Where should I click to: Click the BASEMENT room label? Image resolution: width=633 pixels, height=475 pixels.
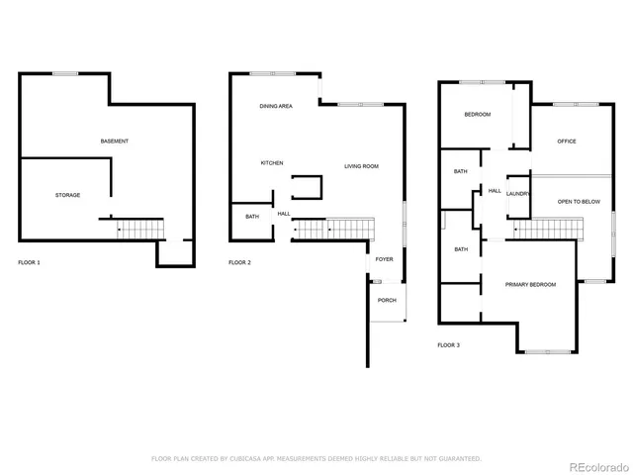(115, 142)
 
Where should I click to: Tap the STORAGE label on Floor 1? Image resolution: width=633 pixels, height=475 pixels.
(67, 195)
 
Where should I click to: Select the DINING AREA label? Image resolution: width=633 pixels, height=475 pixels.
(276, 106)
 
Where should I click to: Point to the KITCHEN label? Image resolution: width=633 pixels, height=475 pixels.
(272, 162)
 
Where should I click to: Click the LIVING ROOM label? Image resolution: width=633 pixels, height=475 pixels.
(361, 166)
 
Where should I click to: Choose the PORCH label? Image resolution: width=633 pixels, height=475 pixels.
(387, 300)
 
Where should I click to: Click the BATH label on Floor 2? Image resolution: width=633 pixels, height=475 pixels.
(252, 217)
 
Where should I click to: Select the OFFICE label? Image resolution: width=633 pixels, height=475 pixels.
(567, 142)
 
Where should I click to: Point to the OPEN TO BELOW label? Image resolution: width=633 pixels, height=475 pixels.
(579, 201)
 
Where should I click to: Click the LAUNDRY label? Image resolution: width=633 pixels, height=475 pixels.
(519, 194)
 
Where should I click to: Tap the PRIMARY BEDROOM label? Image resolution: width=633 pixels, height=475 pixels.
(530, 285)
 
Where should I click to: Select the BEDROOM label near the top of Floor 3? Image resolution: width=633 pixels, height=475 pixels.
(478, 115)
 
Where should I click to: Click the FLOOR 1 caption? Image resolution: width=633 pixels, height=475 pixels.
(30, 262)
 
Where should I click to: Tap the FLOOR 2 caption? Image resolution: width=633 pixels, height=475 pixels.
(239, 262)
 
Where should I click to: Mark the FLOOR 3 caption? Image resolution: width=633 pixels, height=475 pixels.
(448, 345)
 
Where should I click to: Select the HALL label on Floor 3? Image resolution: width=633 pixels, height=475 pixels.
(495, 191)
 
